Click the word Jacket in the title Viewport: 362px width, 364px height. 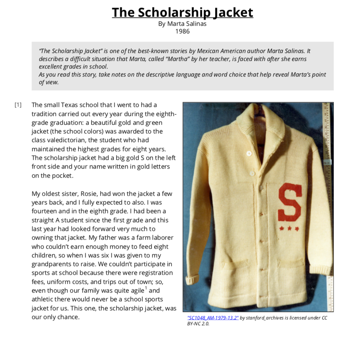click(233, 13)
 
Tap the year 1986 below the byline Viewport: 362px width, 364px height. click(182, 31)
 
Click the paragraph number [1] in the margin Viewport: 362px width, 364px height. click(18, 105)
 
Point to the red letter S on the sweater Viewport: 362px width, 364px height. click(290, 203)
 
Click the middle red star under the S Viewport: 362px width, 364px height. click(289, 229)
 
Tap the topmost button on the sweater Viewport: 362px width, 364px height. click(249, 153)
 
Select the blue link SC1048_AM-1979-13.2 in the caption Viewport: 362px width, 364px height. click(213, 318)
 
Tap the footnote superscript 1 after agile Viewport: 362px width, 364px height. click(146, 289)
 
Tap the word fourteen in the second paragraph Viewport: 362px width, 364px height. click(44, 211)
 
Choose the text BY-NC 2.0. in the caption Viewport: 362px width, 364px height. click(198, 324)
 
